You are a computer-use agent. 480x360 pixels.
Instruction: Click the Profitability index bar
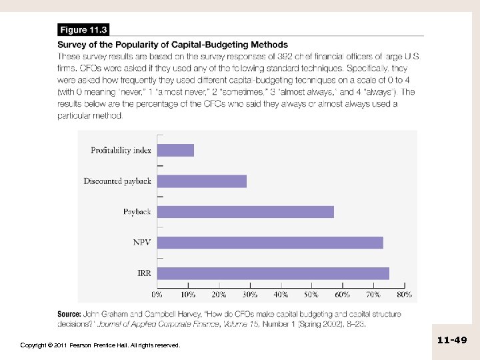(175, 150)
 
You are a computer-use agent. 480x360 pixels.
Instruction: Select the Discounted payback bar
(201, 181)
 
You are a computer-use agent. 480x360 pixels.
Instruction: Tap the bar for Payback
(245, 212)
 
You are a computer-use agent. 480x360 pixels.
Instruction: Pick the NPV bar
(270, 243)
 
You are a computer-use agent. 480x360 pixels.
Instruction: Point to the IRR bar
(273, 273)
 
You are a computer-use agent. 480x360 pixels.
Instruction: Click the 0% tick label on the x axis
(158, 293)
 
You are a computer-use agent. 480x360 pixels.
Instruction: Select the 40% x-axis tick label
(281, 293)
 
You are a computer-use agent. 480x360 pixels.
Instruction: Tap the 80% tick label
(404, 293)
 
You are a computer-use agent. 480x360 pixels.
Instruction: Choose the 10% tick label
(189, 293)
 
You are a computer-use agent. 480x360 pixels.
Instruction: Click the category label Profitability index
(121, 150)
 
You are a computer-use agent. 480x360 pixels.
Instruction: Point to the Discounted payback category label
(117, 181)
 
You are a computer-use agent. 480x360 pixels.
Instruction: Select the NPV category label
(142, 243)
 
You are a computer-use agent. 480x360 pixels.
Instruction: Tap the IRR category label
(144, 273)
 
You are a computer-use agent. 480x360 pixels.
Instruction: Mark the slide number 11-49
(452, 340)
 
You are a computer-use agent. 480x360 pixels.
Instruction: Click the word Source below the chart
(69, 313)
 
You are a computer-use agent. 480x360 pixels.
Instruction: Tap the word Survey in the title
(75, 45)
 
